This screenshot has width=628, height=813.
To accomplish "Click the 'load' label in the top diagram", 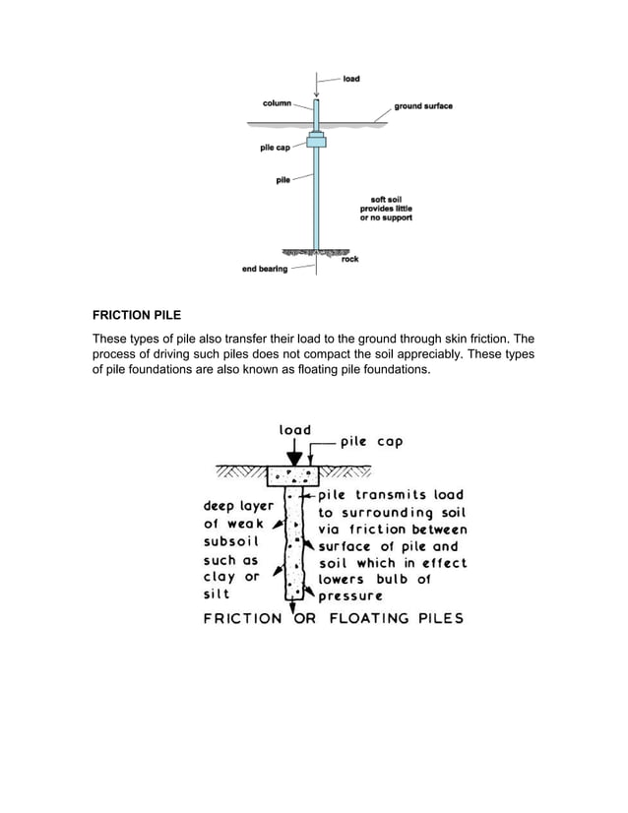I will [351, 79].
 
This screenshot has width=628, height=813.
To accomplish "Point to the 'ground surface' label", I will [423, 106].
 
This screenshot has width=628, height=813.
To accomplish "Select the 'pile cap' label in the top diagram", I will [275, 149].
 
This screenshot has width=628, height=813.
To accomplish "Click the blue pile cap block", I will [316, 140].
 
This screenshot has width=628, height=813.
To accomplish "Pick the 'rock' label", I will [349, 260].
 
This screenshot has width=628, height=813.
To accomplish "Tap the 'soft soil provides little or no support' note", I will [387, 209].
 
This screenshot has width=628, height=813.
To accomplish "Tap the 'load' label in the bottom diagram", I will [294, 430].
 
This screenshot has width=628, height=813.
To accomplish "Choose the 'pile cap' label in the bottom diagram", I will [371, 442].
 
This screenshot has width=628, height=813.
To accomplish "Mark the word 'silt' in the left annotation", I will [217, 594].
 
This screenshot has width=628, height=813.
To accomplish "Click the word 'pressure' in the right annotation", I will [350, 595].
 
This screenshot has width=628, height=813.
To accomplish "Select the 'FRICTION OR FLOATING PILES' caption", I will [333, 619].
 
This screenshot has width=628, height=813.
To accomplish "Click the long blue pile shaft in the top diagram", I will [316, 197].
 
